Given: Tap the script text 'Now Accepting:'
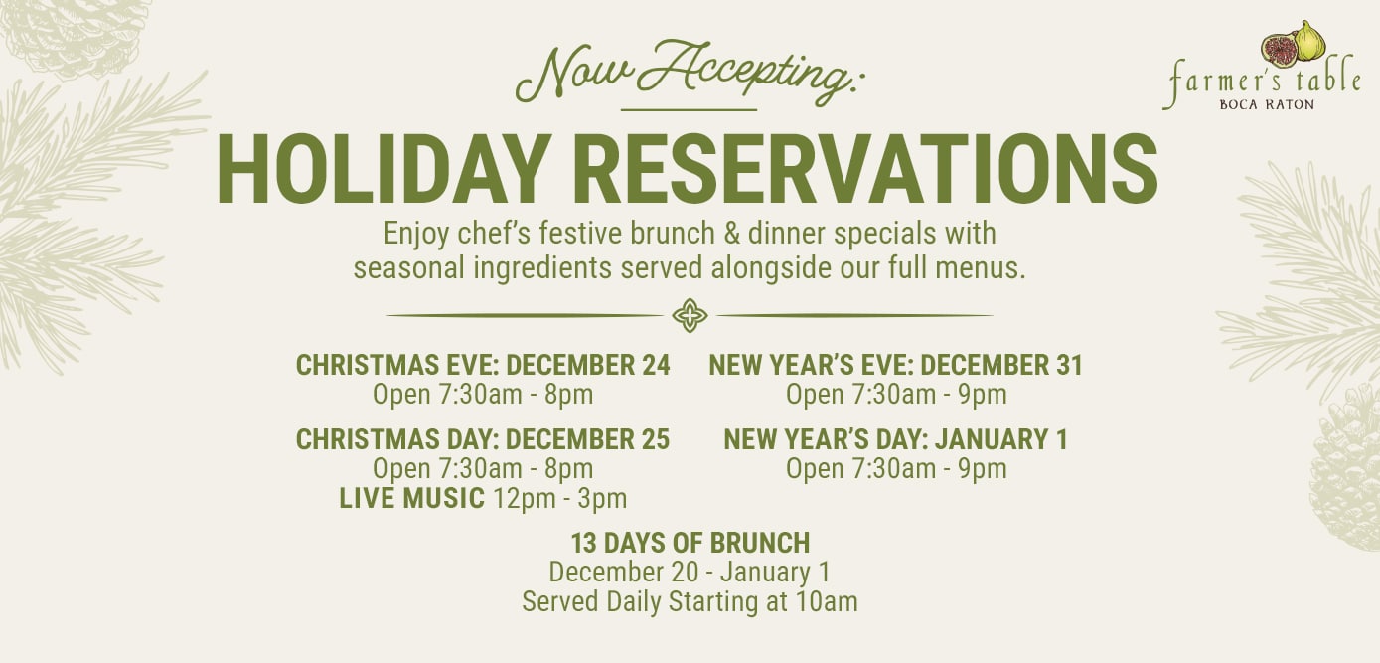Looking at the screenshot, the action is tap(689, 73).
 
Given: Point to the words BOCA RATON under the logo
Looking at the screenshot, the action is tap(1267, 104).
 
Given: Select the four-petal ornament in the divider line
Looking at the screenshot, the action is tap(690, 315).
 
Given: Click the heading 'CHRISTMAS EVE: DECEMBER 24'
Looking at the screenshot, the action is tap(483, 365).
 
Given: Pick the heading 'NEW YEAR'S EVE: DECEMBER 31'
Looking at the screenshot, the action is tap(895, 365).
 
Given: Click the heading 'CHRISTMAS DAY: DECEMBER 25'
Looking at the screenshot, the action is tap(483, 439).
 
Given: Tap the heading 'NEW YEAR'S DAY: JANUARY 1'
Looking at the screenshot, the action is tap(895, 439).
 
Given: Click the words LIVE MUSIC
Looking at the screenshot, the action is tap(411, 498).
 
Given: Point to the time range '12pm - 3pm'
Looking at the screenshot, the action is tap(559, 499).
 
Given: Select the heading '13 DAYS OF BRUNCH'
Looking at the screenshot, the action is tap(690, 543).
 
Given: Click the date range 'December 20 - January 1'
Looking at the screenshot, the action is tap(690, 572).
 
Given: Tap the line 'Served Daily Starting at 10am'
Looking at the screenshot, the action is tap(690, 602).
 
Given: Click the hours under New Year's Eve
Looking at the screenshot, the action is tap(896, 395).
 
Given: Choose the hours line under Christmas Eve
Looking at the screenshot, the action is tap(483, 395).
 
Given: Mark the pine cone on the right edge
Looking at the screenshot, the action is tap(1346, 468).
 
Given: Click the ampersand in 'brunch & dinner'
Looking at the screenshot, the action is tap(731, 234).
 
